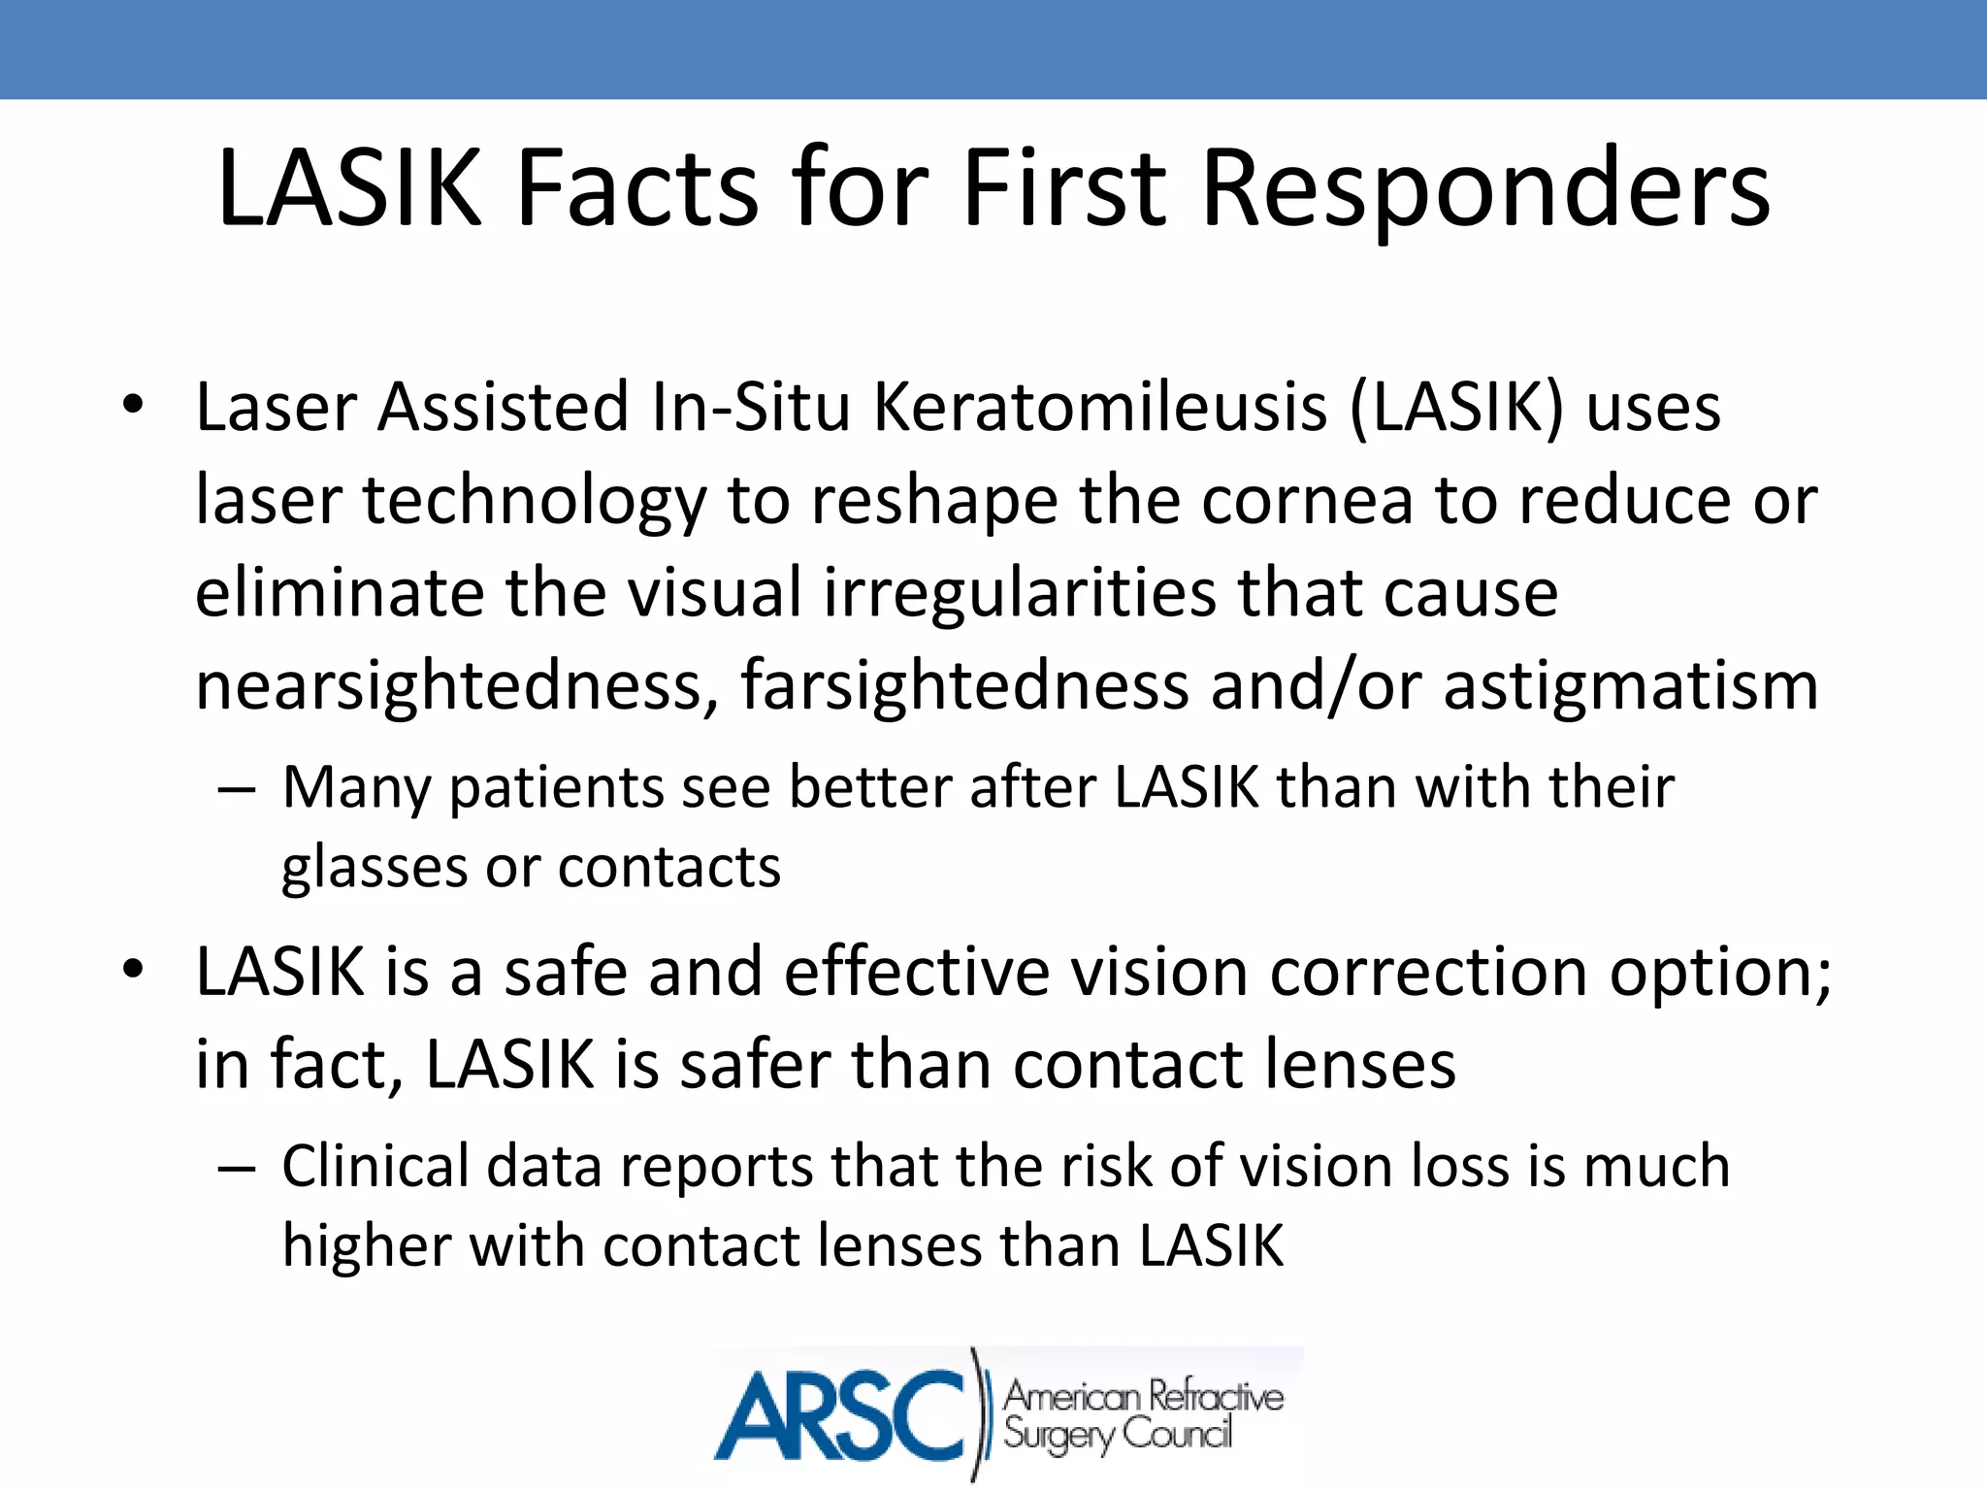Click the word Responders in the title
pyautogui.click(x=1485, y=189)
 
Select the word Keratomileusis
pyautogui.click(x=1100, y=407)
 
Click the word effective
pyautogui.click(x=917, y=972)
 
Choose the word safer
pyautogui.click(x=755, y=1065)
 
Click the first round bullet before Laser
pyautogui.click(x=133, y=404)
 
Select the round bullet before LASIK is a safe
pyautogui.click(x=133, y=969)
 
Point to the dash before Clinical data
pyautogui.click(x=237, y=1169)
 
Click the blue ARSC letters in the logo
pyautogui.click(x=840, y=1414)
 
